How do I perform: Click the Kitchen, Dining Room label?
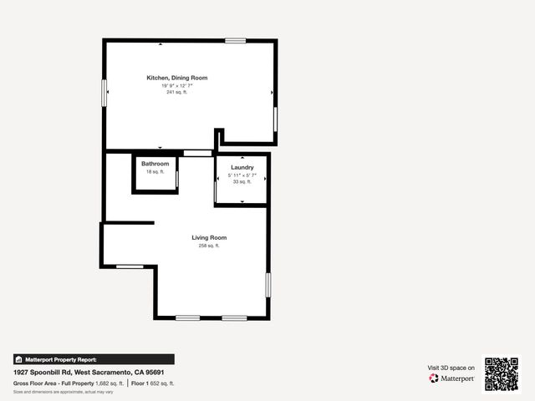tap(176, 78)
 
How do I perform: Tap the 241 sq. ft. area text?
tap(176, 91)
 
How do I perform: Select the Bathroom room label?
tap(155, 164)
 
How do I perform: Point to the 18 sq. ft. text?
tap(155, 171)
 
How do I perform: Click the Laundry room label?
tap(242, 168)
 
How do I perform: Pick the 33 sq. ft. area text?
tap(242, 181)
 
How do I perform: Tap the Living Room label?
tap(209, 237)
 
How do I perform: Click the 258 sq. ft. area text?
tap(209, 246)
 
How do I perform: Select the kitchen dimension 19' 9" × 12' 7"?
tap(176, 84)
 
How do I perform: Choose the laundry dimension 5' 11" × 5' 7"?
tap(242, 175)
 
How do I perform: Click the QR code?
tap(502, 373)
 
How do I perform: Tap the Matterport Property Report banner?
tap(94, 359)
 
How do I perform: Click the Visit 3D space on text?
tap(451, 368)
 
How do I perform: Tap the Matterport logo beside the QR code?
tap(452, 378)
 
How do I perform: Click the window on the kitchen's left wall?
tap(104, 92)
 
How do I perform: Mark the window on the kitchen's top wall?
tap(236, 40)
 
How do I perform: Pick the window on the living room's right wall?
tap(267, 285)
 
